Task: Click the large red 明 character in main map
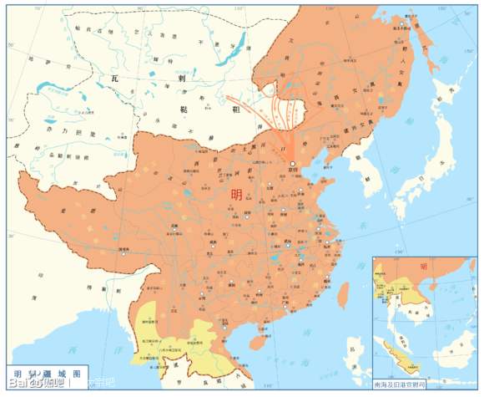pos(238,194)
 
